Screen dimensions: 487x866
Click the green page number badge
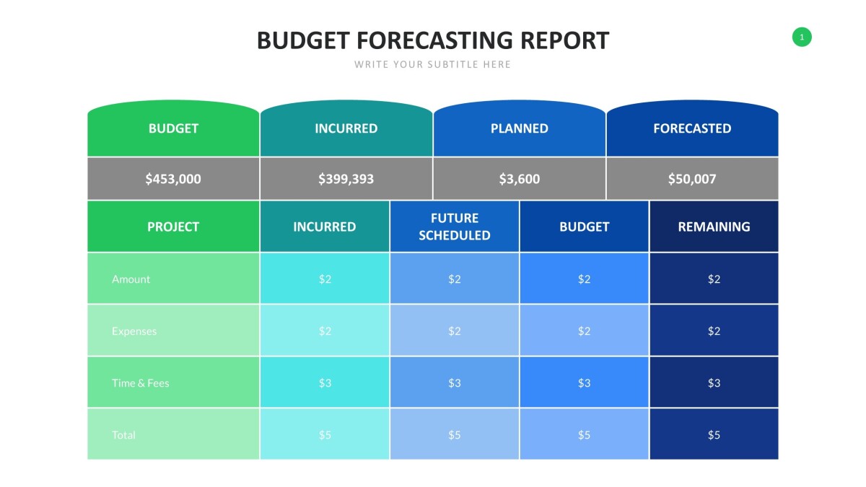click(x=802, y=37)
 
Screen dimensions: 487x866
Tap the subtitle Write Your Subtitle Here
click(x=432, y=65)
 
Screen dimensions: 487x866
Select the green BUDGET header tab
click(x=173, y=129)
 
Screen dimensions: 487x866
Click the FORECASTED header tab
click(x=692, y=129)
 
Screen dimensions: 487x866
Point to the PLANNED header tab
click(x=519, y=129)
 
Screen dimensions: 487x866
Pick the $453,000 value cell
click(x=173, y=179)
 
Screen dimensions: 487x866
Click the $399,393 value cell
click(x=346, y=179)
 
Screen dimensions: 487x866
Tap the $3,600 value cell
click(x=519, y=179)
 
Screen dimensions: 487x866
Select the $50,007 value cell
click(x=692, y=179)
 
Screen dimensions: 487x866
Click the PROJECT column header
click(x=173, y=227)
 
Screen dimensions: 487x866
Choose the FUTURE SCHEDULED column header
click(x=454, y=227)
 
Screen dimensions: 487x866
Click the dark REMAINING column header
click(x=714, y=227)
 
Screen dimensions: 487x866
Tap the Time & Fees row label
click(x=141, y=383)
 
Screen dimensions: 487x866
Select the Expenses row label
click(x=134, y=331)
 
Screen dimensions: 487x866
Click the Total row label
click(x=123, y=435)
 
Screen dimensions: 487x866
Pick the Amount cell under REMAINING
click(x=714, y=279)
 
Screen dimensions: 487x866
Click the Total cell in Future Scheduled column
click(x=454, y=435)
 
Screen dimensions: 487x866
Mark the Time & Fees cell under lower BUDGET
click(x=584, y=383)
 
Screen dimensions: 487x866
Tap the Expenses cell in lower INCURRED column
click(x=325, y=331)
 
